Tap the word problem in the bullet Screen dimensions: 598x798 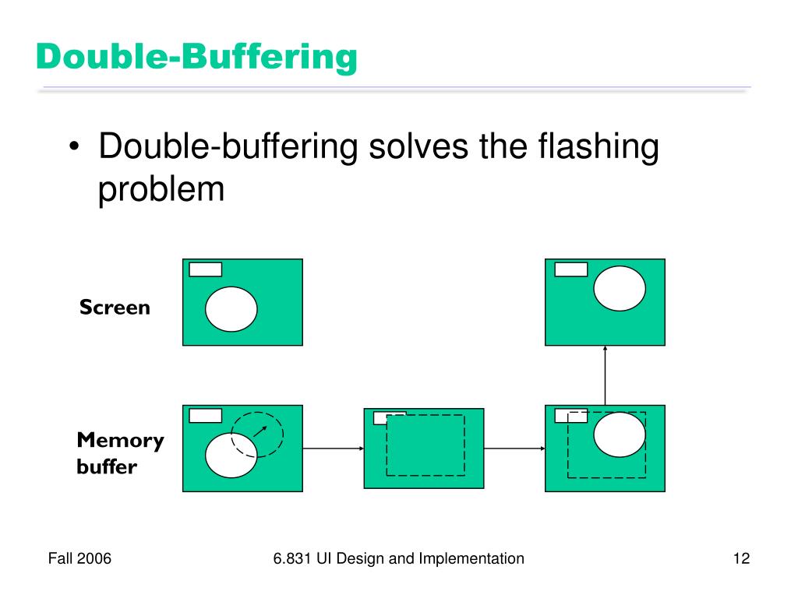161,189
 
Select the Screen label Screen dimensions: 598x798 115,308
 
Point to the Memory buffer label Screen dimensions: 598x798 120,454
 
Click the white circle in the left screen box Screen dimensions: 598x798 231,308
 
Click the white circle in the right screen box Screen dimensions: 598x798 620,287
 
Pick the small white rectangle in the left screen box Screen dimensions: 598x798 206,269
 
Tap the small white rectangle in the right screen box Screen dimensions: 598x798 570,269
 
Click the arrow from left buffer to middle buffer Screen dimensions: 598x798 333,448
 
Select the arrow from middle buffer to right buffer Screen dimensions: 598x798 514,448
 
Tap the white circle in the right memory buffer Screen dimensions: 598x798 620,434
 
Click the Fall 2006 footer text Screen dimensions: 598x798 79,558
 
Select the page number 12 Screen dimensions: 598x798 741,558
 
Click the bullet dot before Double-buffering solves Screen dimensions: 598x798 74,148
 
